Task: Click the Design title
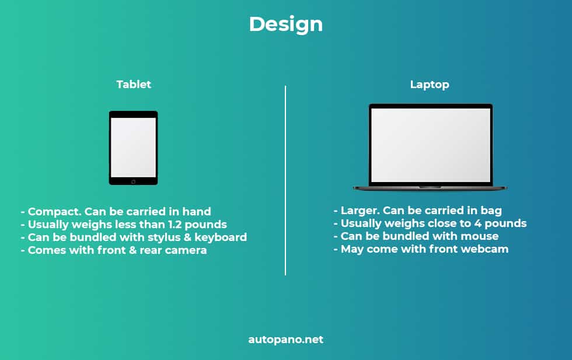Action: (x=285, y=25)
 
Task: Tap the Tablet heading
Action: (x=134, y=85)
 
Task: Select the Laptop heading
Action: (x=430, y=85)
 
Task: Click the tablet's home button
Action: (x=133, y=181)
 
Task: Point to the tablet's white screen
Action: (x=133, y=148)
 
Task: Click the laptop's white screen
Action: (x=431, y=145)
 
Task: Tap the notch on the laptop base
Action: (x=430, y=187)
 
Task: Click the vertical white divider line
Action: (x=285, y=180)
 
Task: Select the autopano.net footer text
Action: (x=285, y=340)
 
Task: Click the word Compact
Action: (x=54, y=212)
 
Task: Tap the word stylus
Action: (x=164, y=237)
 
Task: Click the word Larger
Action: (x=360, y=211)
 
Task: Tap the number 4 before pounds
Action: (x=477, y=223)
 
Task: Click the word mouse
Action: (x=480, y=236)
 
